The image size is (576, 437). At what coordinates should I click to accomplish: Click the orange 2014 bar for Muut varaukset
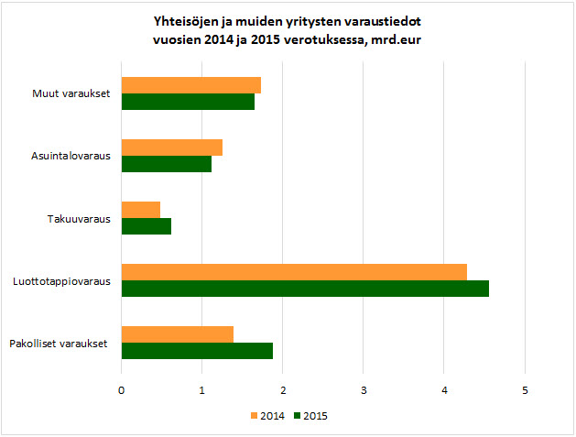(190, 85)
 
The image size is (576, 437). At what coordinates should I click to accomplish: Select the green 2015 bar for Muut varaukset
(188, 102)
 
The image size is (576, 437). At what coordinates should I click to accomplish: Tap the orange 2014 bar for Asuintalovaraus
(171, 147)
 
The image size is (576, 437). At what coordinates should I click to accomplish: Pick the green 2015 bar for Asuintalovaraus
(166, 164)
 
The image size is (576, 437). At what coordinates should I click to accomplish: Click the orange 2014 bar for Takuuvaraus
(140, 210)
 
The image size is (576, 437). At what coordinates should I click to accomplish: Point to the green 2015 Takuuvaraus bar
(146, 226)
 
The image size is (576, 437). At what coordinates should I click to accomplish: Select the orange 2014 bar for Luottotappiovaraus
(293, 272)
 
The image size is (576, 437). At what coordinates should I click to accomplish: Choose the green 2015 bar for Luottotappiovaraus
(304, 289)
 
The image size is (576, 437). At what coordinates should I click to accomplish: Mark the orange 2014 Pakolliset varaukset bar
(177, 334)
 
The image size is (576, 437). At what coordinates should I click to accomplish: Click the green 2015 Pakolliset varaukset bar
(197, 351)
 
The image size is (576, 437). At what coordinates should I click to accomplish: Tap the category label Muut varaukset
(71, 93)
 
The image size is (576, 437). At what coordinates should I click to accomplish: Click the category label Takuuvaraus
(79, 218)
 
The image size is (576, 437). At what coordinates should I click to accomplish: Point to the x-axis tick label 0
(122, 391)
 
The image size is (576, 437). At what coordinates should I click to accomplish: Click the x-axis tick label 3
(364, 391)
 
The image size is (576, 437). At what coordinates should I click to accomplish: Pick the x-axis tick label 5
(525, 391)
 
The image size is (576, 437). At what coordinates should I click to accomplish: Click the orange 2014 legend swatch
(254, 416)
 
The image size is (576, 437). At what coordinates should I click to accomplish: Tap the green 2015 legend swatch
(299, 416)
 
